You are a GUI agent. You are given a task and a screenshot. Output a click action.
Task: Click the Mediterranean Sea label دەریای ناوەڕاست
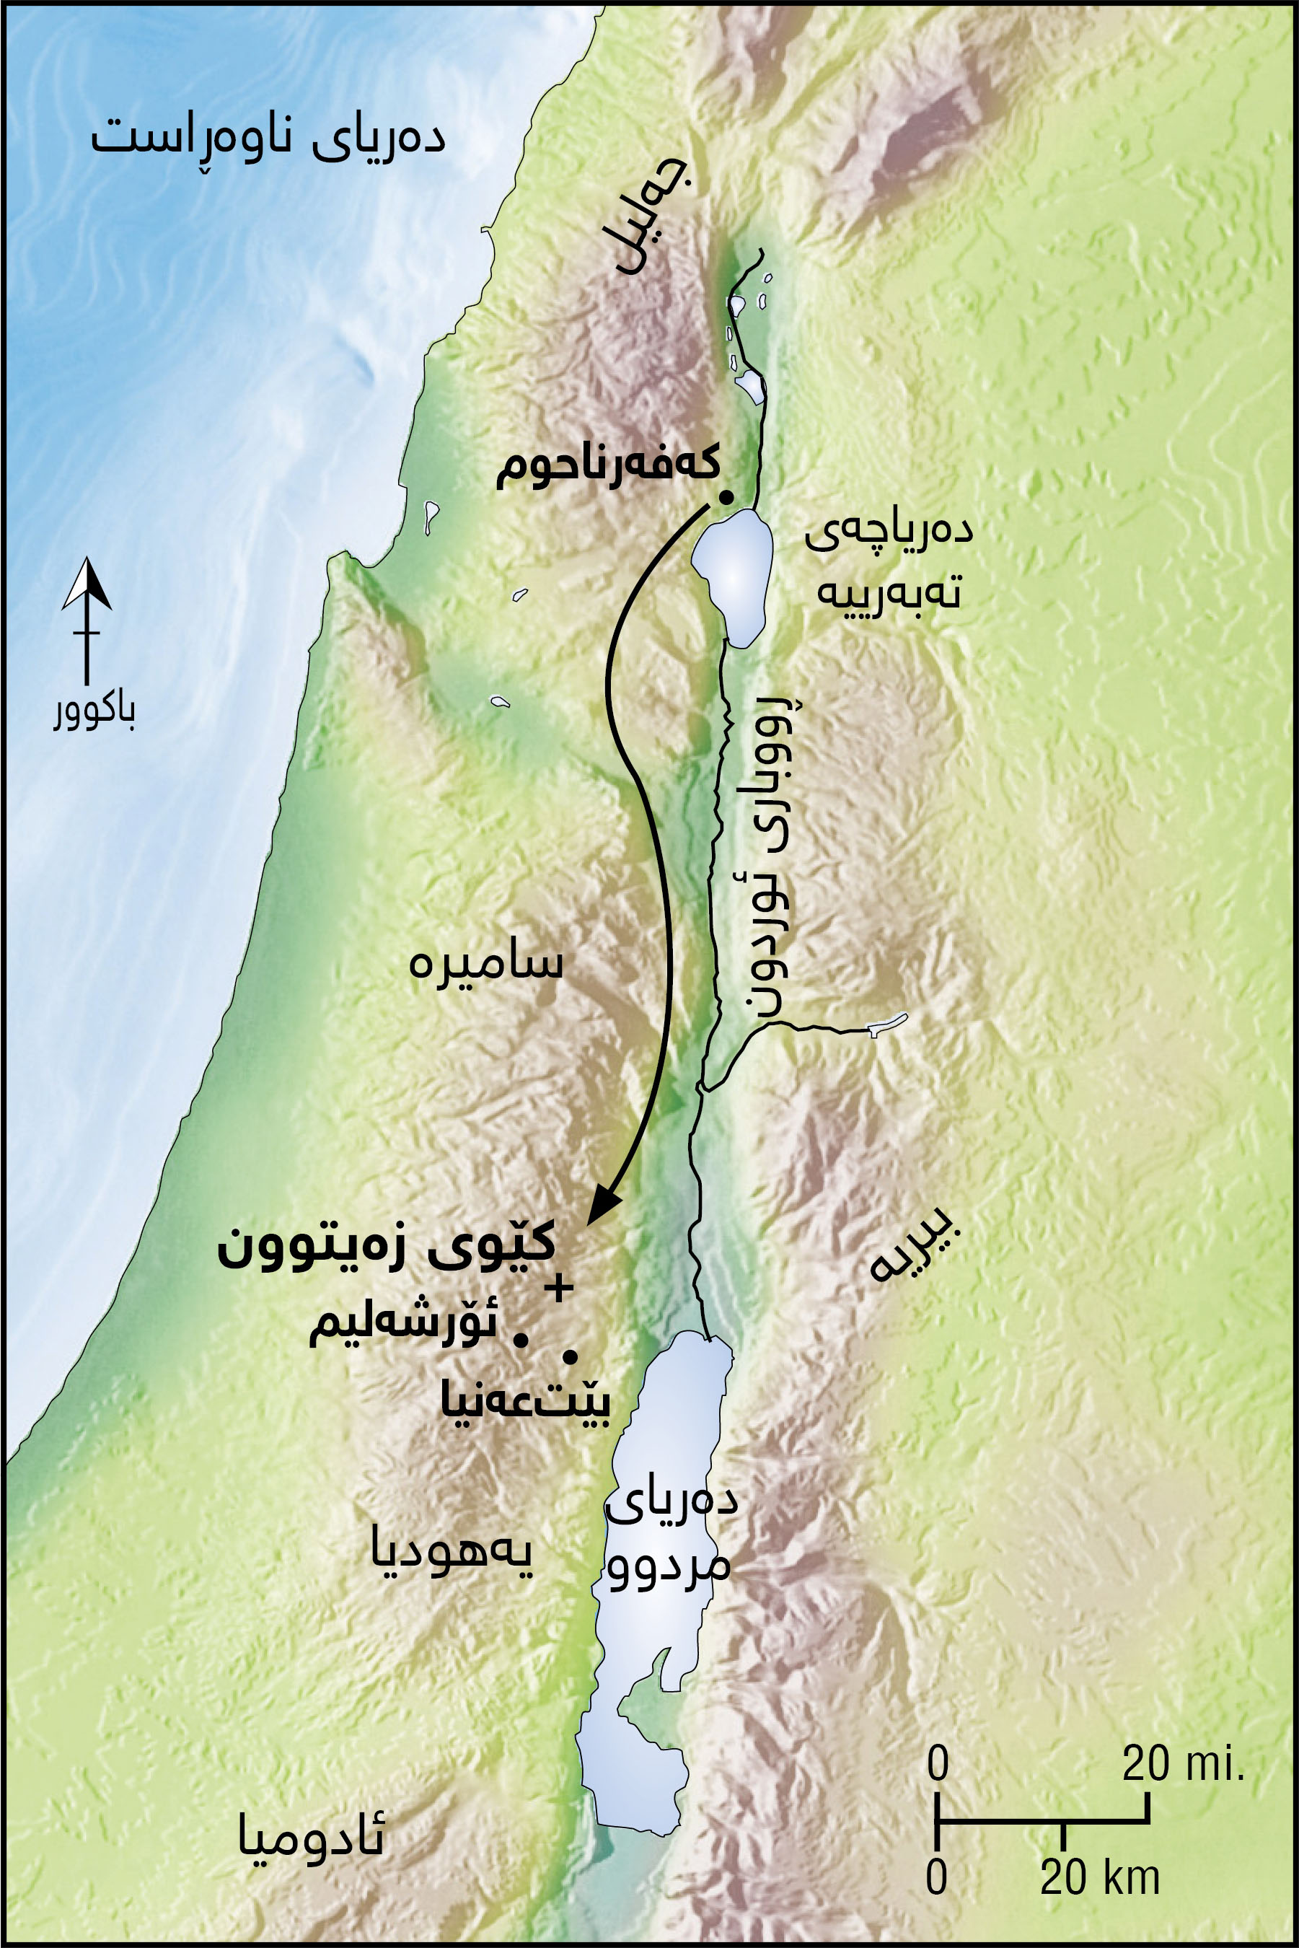tap(267, 136)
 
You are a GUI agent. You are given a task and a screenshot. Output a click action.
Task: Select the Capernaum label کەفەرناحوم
tap(607, 468)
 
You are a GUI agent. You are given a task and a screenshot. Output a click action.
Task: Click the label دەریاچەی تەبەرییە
tap(889, 562)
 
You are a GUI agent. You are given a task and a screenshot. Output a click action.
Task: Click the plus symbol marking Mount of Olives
tap(559, 1288)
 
